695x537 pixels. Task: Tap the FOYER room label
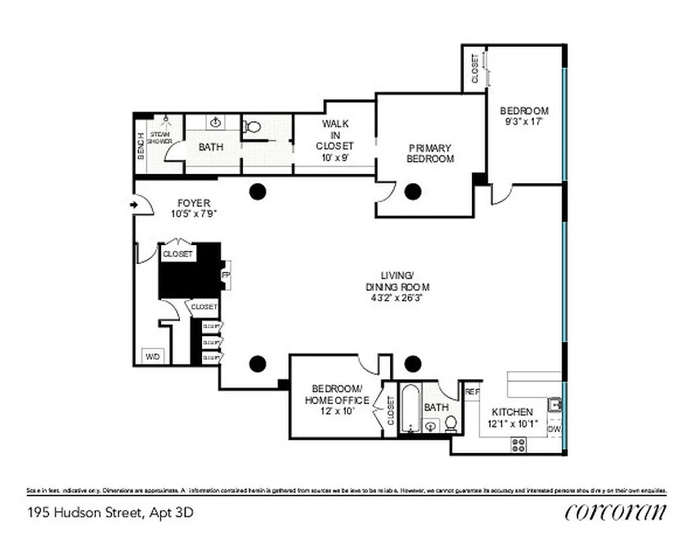pos(194,203)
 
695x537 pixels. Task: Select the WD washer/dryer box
pos(153,356)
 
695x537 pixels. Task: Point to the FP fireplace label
pos(225,275)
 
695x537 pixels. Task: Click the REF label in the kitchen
pos(472,391)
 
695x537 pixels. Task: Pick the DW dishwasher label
pos(554,428)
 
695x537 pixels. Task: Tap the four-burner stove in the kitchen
pos(519,444)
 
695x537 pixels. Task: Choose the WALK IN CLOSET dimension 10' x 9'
pos(334,158)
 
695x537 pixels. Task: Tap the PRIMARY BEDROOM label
pos(430,153)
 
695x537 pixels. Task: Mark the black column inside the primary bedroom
pos(412,191)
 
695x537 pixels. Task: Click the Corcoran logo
pos(615,511)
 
